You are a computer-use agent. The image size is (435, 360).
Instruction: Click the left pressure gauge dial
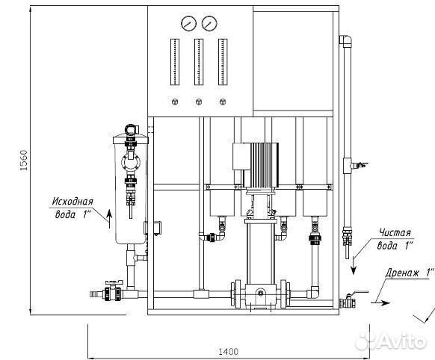(188, 24)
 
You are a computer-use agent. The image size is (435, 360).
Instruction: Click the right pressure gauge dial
(209, 24)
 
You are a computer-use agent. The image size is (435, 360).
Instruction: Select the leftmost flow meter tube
(174, 62)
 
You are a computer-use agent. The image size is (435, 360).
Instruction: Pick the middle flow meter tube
(199, 62)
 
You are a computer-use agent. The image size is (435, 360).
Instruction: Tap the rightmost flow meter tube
(223, 62)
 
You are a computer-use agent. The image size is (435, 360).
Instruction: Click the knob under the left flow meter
(174, 102)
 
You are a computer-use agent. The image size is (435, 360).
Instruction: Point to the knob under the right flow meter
(223, 102)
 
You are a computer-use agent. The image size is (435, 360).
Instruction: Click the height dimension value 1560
(24, 160)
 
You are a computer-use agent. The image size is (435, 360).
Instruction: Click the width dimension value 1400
(228, 352)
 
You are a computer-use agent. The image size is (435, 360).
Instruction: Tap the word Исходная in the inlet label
(72, 201)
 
